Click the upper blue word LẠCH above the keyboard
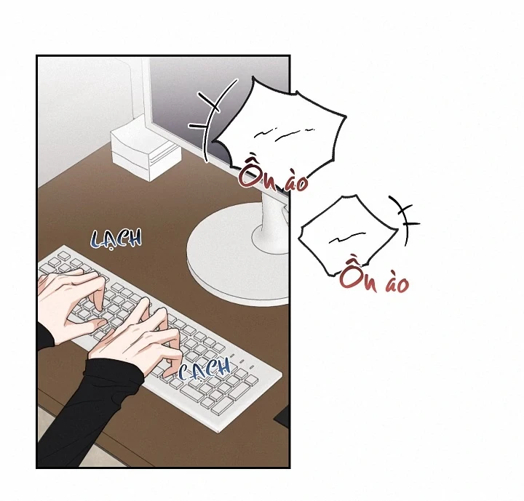pos(116,239)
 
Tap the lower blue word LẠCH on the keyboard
pos(205,369)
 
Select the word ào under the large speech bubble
pos(295,182)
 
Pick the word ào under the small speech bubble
pos(397,284)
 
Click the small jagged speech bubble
pos(348,235)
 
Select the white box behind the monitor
pos(146,151)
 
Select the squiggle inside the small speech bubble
pos(346,238)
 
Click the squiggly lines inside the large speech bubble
pos(285,134)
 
